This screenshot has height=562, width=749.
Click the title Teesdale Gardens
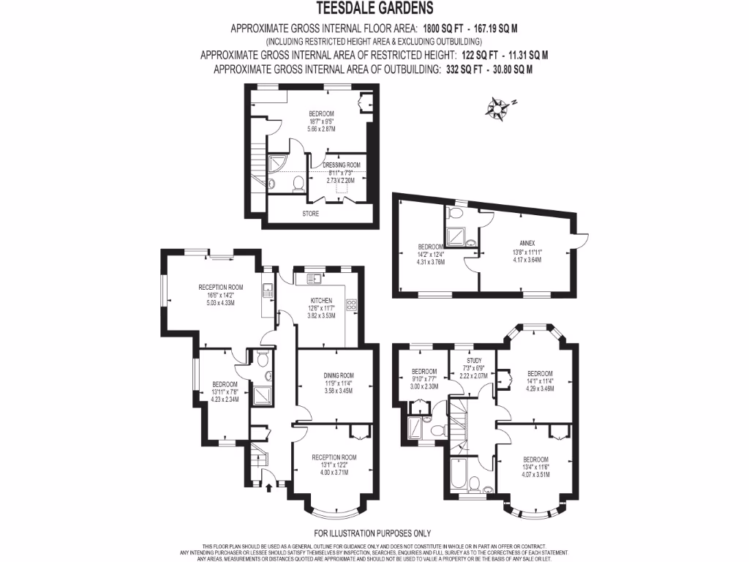tap(374, 9)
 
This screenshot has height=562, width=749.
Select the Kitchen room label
tap(321, 301)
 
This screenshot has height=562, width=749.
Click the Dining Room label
tap(338, 375)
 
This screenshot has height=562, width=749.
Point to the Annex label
tap(527, 242)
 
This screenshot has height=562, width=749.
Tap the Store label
tap(310, 214)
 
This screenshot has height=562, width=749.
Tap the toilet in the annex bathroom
tap(456, 213)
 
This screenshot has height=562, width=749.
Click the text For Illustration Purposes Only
tap(372, 533)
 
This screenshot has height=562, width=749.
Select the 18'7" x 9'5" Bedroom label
tap(321, 113)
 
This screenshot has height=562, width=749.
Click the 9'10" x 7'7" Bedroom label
tap(424, 371)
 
